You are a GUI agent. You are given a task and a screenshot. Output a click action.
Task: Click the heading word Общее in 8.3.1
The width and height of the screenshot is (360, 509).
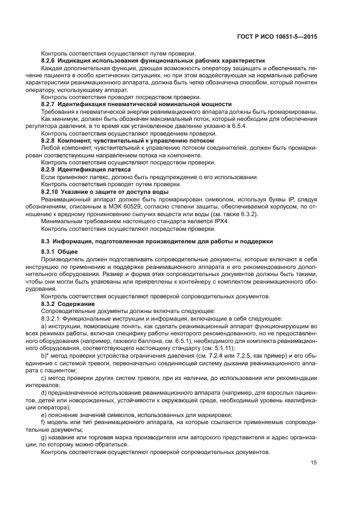coord(68,252)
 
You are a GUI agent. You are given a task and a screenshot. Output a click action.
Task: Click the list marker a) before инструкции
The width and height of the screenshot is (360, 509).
coord(44,326)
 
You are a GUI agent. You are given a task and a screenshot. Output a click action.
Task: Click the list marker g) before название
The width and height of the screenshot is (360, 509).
coord(44,437)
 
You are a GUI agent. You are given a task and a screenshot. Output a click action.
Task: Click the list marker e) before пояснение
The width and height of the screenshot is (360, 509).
coord(44,413)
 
